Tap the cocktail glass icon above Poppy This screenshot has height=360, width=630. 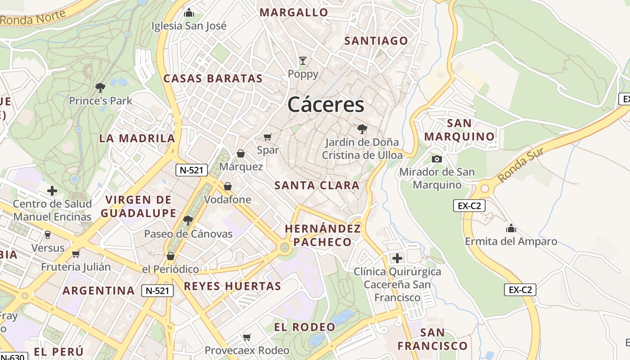coord(303,60)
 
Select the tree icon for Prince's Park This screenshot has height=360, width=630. coord(100,87)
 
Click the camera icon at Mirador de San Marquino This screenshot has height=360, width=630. coord(436,159)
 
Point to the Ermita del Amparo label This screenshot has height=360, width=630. coord(511,241)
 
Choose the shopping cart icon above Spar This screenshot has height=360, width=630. coord(268,137)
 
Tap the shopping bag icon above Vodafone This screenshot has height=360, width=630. coord(228,186)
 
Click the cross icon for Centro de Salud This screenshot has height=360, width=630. coord(52,191)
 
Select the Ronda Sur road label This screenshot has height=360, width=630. coord(522,165)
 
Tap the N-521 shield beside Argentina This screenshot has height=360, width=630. coord(157,291)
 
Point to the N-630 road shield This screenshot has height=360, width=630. coord(13,357)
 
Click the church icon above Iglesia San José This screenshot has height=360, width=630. coord(189,13)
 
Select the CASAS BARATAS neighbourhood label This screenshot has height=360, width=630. coord(213,78)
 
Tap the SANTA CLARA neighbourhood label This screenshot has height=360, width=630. coord(317,185)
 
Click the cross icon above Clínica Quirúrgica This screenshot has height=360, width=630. coord(397,258)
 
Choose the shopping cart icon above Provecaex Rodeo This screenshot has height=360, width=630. coord(247,337)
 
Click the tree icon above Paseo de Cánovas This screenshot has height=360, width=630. coord(188,220)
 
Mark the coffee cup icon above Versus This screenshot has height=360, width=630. coord(48,234)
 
